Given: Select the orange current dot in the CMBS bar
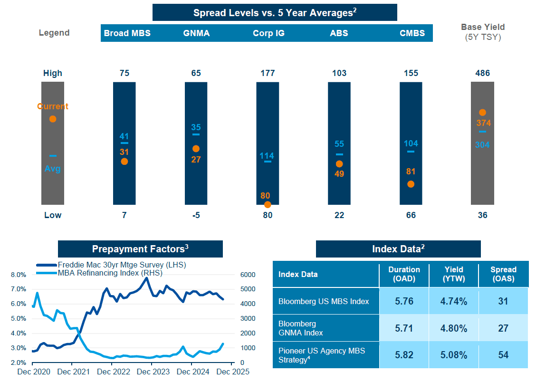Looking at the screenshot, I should coord(411,184).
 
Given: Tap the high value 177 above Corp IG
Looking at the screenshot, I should coord(268,73).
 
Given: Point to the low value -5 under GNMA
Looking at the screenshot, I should coord(196,215).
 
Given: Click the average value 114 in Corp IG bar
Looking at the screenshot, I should coord(267,156).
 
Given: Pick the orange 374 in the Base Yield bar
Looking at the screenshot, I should coord(483,123).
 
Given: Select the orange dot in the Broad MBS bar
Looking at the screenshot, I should coord(124,162).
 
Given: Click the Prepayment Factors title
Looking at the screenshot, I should coord(140,249).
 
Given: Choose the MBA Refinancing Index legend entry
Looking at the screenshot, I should coord(109,273).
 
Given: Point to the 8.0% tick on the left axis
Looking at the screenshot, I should coord(18,275).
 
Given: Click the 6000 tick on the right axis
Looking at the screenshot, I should coord(248,275).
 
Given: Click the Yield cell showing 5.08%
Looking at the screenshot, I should coord(453,355).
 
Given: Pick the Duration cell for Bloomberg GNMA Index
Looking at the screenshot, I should coord(404,328).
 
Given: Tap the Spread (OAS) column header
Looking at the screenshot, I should coord(503,274).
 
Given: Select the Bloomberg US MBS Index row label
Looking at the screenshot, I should coord(323,301).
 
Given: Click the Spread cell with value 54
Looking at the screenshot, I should coord(503,355).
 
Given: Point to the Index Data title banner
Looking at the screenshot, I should coord(398,249).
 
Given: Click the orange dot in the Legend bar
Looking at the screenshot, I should coord(53,119).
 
